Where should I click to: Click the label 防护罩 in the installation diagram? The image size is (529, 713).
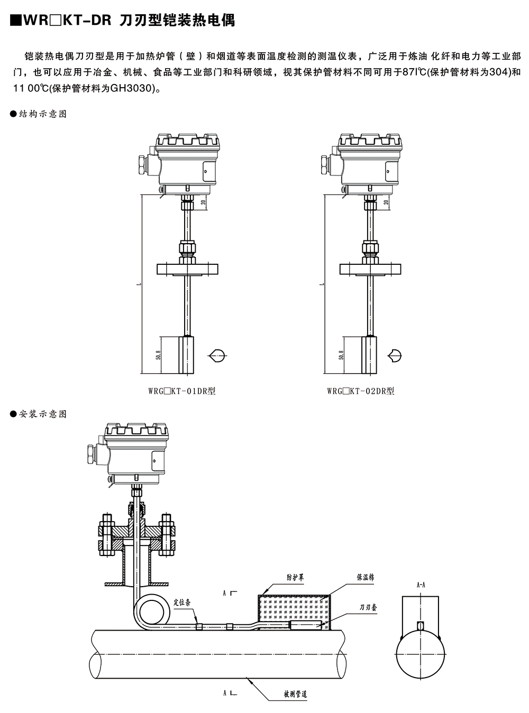tap(295, 578)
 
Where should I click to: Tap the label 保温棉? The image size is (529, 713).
tap(365, 577)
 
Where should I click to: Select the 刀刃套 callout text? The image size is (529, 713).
tap(368, 607)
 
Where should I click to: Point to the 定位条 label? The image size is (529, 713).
tap(182, 602)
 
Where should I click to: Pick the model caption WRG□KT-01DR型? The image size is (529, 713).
tap(182, 391)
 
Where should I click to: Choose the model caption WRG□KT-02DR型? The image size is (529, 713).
tap(361, 391)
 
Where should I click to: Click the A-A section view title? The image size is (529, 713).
tap(421, 585)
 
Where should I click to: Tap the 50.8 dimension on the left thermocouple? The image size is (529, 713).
tap(158, 355)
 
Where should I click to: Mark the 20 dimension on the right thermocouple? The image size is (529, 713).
tap(386, 202)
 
